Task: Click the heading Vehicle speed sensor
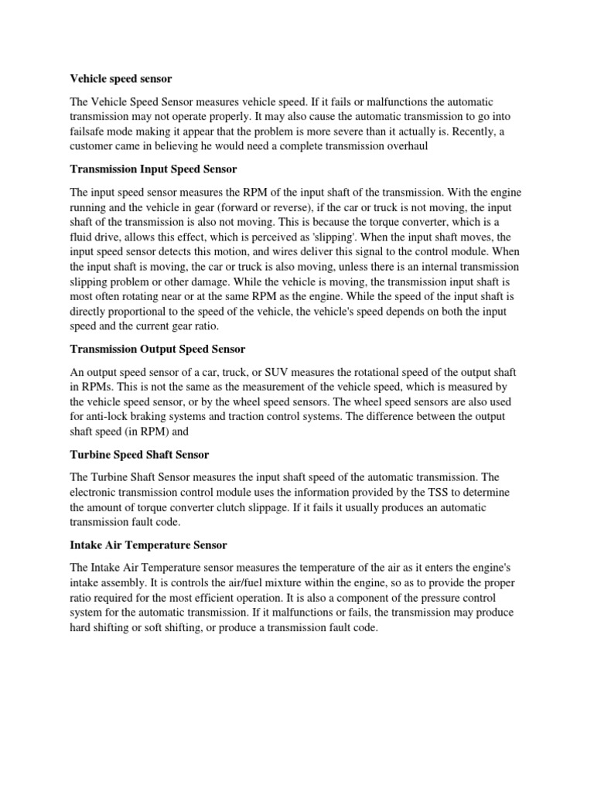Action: [x=121, y=78]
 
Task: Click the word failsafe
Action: [x=90, y=131]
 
